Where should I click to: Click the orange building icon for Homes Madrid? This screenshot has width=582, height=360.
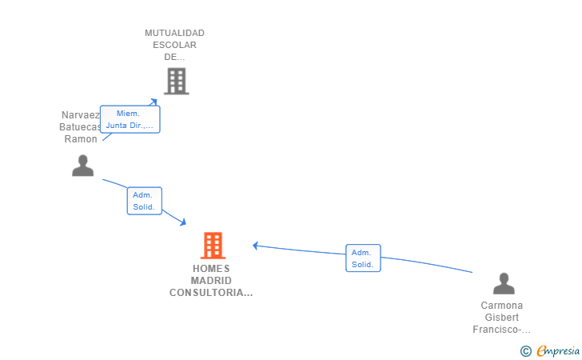213,246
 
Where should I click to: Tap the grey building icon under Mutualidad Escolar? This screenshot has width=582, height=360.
177,81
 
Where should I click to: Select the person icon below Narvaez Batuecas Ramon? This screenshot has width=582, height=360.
83,166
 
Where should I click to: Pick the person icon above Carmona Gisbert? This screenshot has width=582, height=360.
504,283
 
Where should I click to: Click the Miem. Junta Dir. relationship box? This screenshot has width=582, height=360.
130,119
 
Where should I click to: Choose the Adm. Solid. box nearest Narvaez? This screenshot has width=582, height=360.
145,201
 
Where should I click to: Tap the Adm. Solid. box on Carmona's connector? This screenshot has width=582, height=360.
363,258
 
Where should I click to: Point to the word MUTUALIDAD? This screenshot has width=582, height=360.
174,33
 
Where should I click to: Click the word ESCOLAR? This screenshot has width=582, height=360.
174,45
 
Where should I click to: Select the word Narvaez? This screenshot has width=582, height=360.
81,115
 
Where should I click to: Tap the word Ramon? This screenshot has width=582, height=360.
81,139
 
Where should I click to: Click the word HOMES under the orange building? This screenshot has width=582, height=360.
211,269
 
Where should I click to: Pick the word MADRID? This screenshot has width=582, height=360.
211,281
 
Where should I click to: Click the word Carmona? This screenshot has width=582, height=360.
502,306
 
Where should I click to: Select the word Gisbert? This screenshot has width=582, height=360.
502,318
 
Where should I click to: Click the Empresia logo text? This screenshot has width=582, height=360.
558,350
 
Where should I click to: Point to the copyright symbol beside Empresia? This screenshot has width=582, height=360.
526,351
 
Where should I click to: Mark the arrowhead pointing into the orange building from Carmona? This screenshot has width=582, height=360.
255,246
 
